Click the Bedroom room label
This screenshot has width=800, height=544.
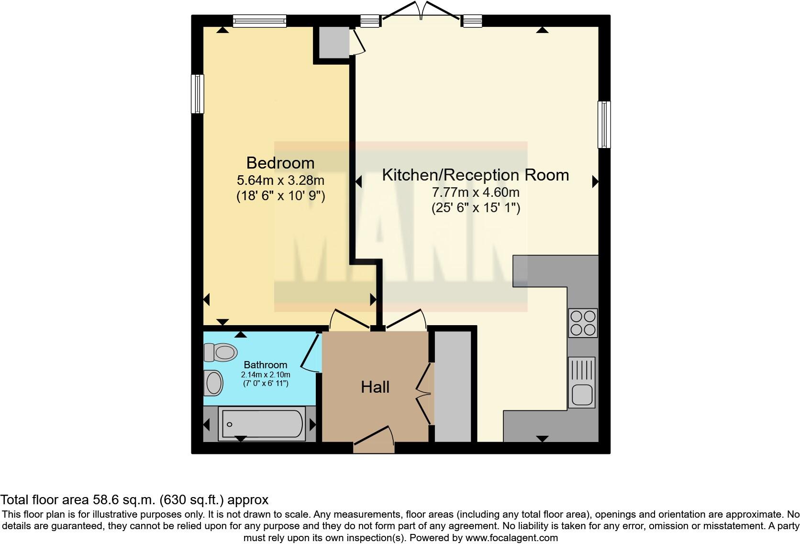pos(280,163)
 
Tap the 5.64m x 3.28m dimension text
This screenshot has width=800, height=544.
pos(280,181)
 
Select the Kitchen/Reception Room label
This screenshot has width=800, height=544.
pos(475,175)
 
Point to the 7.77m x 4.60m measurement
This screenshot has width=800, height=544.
pos(475,193)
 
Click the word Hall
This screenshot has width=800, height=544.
pos(375,387)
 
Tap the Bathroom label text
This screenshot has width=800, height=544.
pos(266,365)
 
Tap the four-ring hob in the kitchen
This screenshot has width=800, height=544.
pos(583,323)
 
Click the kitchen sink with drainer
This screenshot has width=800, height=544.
pos(582,382)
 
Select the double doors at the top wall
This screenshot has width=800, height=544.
pos(421,11)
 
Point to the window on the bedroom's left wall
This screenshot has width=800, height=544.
pos(197,93)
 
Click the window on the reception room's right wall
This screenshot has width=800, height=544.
pos(604,125)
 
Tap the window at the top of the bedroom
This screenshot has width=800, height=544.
pos(259,20)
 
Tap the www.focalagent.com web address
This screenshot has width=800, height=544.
pos(511,538)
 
